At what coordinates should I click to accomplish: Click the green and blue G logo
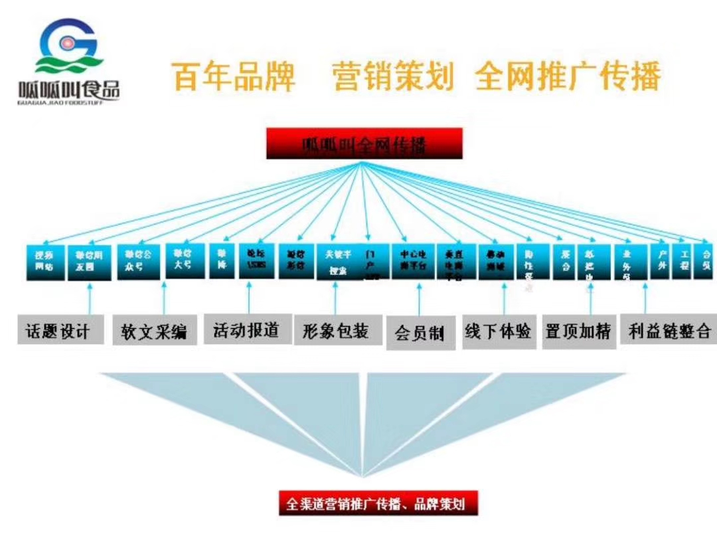click(x=69, y=46)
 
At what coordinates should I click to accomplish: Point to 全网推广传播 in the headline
click(x=568, y=76)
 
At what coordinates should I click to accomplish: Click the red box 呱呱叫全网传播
click(x=364, y=144)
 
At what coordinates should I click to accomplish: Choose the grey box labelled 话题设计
click(x=60, y=330)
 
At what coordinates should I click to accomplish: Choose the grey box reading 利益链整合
click(x=669, y=330)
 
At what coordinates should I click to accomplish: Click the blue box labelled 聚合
click(x=565, y=261)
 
